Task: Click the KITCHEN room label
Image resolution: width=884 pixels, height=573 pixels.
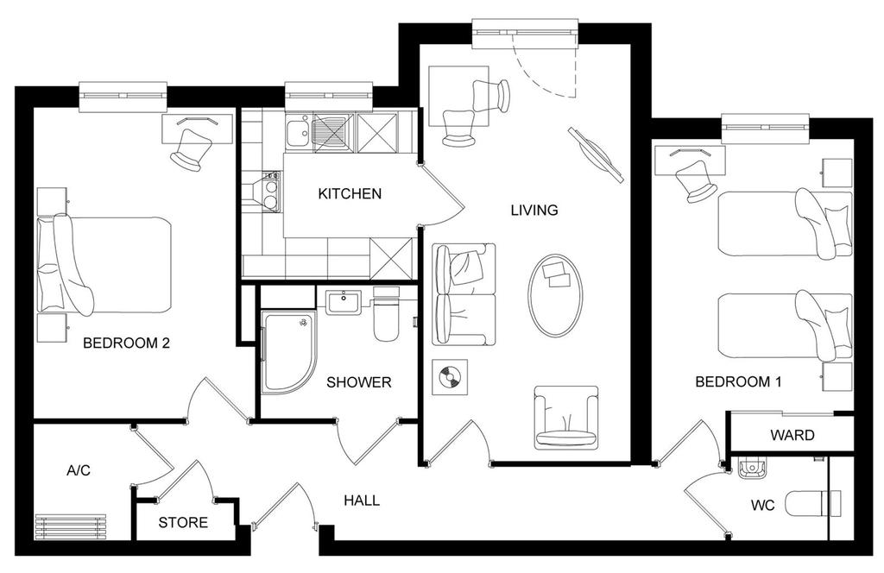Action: [x=350, y=194]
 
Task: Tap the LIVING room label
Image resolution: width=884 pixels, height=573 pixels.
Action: [x=534, y=211]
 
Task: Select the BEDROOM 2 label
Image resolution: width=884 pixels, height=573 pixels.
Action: [x=126, y=343]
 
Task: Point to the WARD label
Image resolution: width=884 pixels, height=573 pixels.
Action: [x=792, y=435]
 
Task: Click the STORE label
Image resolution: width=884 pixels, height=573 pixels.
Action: [x=183, y=523]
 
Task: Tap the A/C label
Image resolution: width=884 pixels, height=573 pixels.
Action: [x=79, y=470]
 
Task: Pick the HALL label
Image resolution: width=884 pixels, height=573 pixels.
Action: [x=362, y=501]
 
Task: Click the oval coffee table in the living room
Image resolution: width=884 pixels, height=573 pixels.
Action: [x=555, y=296]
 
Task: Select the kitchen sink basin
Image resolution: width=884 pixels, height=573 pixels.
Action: [x=296, y=133]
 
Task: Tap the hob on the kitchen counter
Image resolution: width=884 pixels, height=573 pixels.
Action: [x=270, y=192]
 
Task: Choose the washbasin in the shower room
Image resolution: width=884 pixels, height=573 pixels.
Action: [x=342, y=301]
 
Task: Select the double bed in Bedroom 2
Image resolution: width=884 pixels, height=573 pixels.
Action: [x=104, y=265]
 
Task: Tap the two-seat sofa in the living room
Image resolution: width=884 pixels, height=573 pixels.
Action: [x=464, y=294]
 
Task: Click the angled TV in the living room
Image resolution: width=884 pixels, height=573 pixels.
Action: [x=597, y=154]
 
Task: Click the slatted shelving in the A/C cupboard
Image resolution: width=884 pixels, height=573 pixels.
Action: [x=71, y=526]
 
